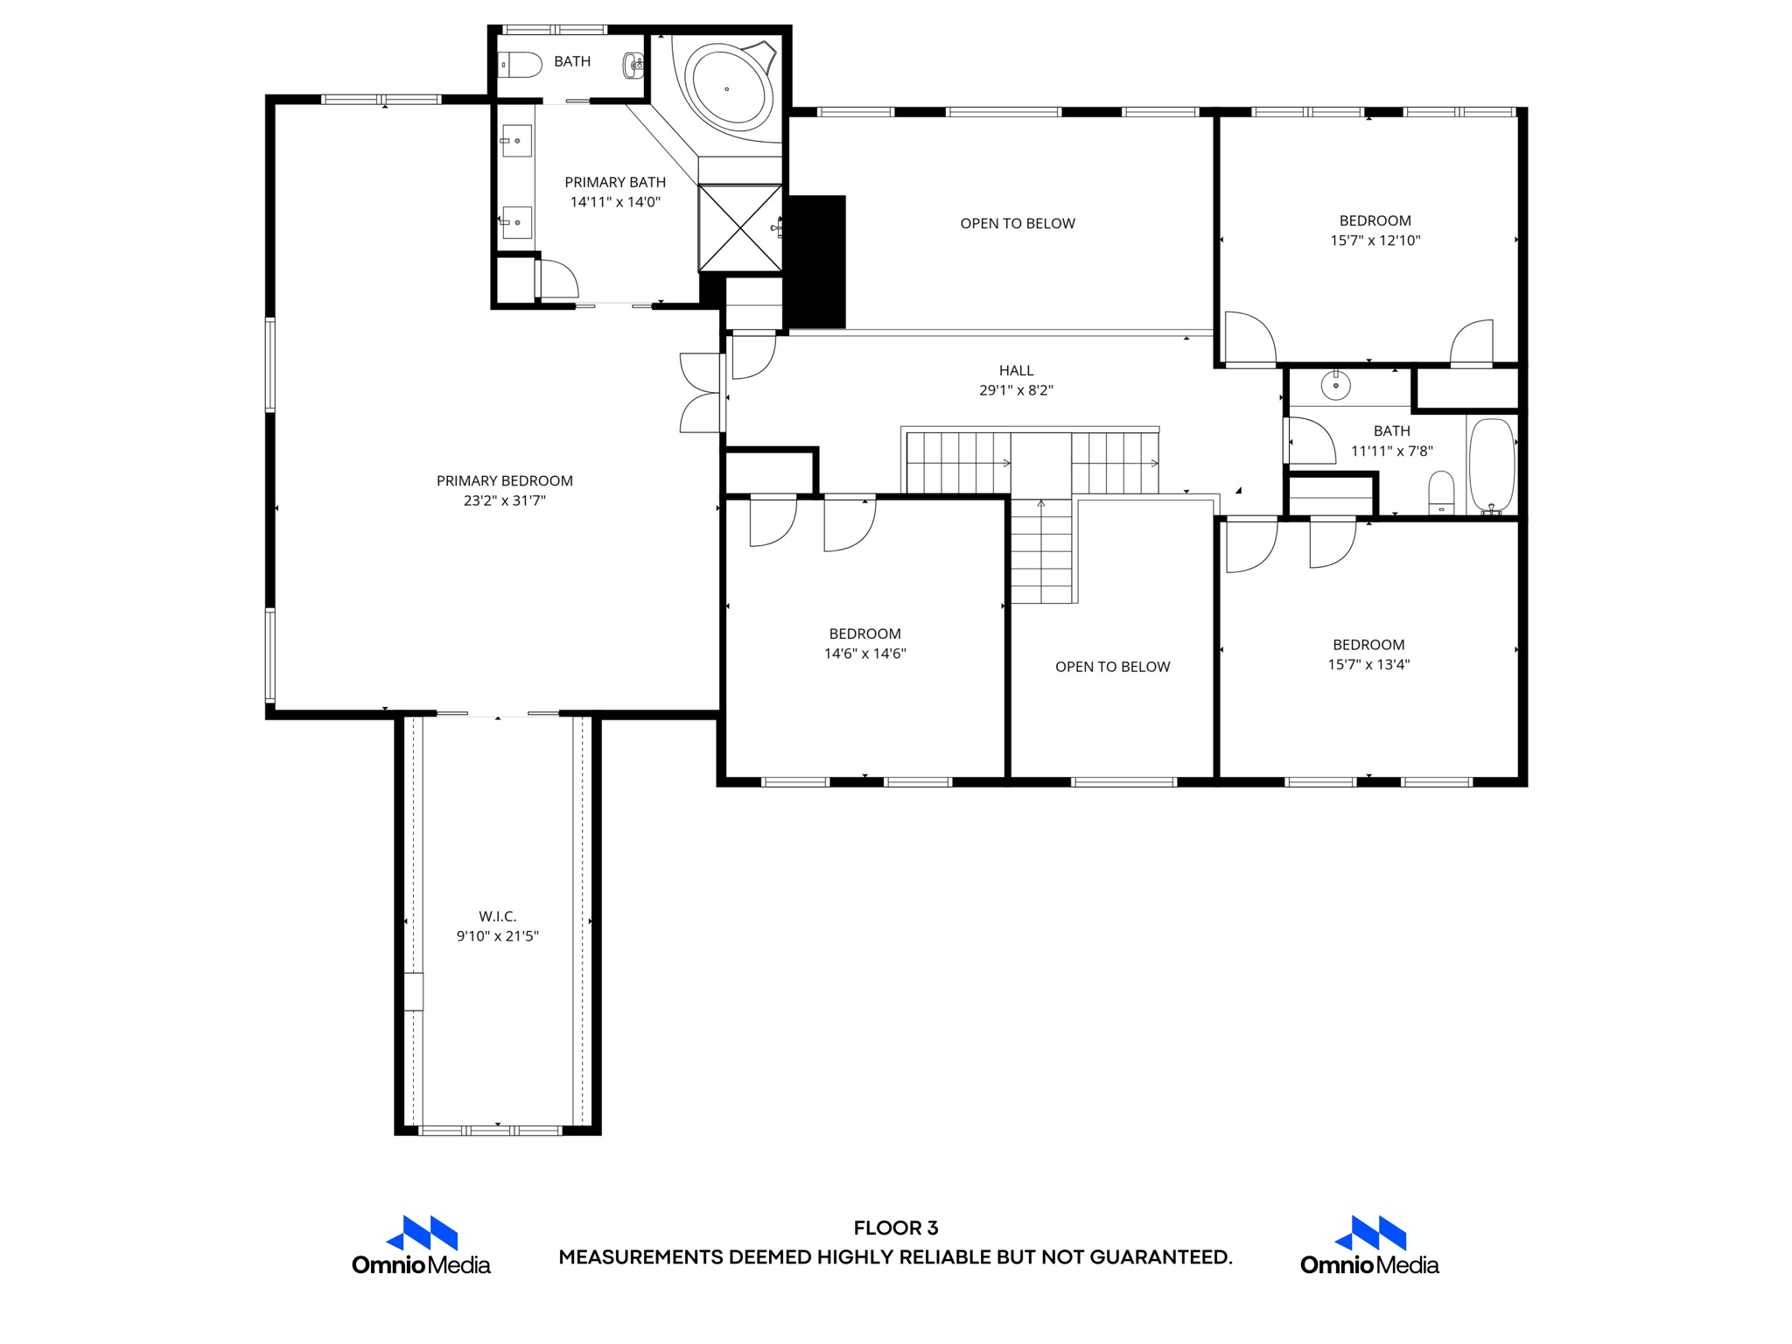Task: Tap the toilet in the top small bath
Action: (521, 65)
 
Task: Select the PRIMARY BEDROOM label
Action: (505, 481)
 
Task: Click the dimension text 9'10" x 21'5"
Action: (498, 936)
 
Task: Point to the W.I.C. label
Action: (498, 916)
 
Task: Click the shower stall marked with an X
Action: (740, 227)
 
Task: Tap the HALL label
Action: (1016, 371)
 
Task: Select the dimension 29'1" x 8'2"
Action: (1016, 390)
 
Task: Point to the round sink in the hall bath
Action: (1335, 386)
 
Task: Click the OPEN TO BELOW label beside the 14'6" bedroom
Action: (1112, 667)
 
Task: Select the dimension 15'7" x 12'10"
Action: (1375, 241)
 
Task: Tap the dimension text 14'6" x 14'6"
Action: (864, 654)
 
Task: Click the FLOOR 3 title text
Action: (896, 1228)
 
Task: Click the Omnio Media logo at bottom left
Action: (421, 1245)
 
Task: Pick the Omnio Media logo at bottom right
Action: (1369, 1245)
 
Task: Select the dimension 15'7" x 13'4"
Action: (1368, 665)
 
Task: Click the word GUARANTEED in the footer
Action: (1160, 1257)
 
